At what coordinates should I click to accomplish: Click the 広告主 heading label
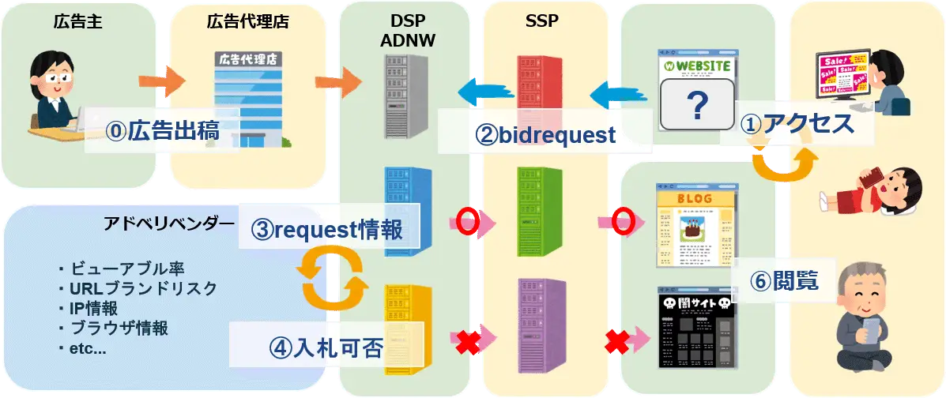point(77,21)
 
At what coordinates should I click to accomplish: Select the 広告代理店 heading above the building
point(247,21)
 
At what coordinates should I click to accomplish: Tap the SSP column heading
point(542,21)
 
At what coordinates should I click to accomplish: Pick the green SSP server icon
point(540,211)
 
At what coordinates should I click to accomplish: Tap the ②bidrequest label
point(545,135)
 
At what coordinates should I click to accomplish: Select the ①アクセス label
point(797,124)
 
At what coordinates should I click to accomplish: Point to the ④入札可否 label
point(326,347)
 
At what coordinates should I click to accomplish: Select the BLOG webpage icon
point(693,225)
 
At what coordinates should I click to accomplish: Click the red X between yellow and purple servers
point(469,341)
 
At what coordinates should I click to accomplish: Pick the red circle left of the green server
point(469,223)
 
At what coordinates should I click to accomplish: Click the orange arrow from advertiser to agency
point(161,81)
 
